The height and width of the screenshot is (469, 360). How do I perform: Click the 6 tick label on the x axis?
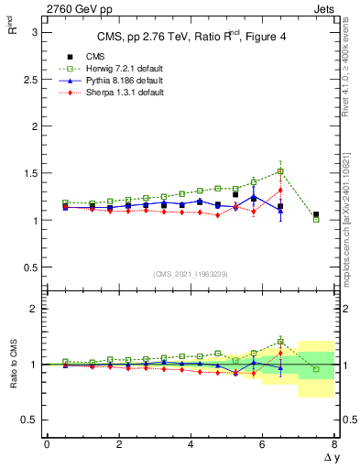(262, 444)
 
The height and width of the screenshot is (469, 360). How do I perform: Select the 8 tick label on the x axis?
(333, 444)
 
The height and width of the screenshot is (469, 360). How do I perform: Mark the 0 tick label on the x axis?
(47, 444)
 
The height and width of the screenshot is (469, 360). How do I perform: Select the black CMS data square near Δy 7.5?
(316, 215)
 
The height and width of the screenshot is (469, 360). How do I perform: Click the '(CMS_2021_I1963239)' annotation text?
(191, 274)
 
